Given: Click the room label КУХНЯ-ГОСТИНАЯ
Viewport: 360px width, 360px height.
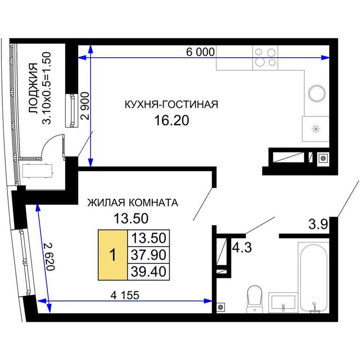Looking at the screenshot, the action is coord(171,105).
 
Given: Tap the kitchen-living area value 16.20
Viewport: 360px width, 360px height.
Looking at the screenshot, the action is coord(172,120).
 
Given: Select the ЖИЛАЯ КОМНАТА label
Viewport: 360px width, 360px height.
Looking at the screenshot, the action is coord(133,202).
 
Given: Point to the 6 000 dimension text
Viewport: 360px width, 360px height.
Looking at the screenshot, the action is coord(201,52).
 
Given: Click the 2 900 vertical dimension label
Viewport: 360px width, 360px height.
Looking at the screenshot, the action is coord(85,106).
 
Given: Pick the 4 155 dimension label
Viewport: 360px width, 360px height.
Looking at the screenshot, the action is coord(125,295).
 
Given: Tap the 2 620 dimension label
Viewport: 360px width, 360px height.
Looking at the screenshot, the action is coord(50,256).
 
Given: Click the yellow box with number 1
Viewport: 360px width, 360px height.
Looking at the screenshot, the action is coord(112,255).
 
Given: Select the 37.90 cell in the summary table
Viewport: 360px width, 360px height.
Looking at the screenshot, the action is coord(149,255).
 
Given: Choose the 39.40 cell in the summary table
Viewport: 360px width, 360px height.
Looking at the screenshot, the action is coord(149,271).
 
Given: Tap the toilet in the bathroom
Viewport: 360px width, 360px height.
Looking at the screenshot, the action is coord(255,299).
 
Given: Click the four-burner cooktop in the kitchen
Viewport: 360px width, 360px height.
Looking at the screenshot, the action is coord(265,58).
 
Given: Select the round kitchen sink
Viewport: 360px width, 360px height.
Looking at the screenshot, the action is coord(317,93).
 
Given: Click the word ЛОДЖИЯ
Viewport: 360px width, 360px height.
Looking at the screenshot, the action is coord(33,88).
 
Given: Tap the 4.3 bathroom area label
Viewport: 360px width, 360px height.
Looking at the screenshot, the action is coord(242,247).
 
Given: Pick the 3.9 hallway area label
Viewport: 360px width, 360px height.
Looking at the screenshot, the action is coord(318,224).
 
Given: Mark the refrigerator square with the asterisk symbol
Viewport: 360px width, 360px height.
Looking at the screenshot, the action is coord(315,129).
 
